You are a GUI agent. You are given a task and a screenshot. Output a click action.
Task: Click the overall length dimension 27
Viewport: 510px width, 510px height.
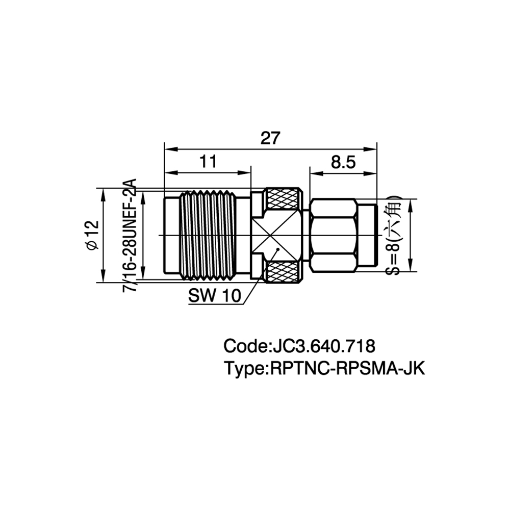[x=270, y=139]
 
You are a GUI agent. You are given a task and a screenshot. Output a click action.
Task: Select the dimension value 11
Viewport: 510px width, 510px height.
[x=208, y=161]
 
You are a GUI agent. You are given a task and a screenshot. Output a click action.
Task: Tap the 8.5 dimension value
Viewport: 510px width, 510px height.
[x=343, y=162]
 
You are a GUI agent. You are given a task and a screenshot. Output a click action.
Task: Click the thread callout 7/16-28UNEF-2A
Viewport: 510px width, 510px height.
[x=130, y=235]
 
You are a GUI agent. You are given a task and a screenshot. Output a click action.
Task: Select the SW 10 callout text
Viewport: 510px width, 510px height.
[x=215, y=296]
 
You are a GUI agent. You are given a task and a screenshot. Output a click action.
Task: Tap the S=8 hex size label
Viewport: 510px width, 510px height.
[x=393, y=235]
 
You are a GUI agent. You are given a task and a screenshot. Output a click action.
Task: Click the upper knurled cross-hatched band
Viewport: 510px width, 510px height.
[x=283, y=199]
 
